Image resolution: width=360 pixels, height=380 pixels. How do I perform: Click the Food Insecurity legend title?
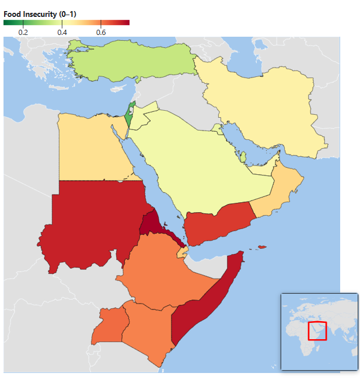pyautogui.click(x=39, y=14)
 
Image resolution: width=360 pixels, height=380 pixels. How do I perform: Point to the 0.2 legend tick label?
pyautogui.click(x=23, y=33)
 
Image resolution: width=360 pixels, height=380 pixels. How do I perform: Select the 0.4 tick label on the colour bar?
pyautogui.click(x=62, y=33)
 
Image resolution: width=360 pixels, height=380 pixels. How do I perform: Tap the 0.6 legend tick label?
pyautogui.click(x=101, y=33)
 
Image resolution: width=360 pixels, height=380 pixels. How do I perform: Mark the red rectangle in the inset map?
pyautogui.click(x=317, y=330)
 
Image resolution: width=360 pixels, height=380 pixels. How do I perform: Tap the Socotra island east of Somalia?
pyautogui.click(x=262, y=248)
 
